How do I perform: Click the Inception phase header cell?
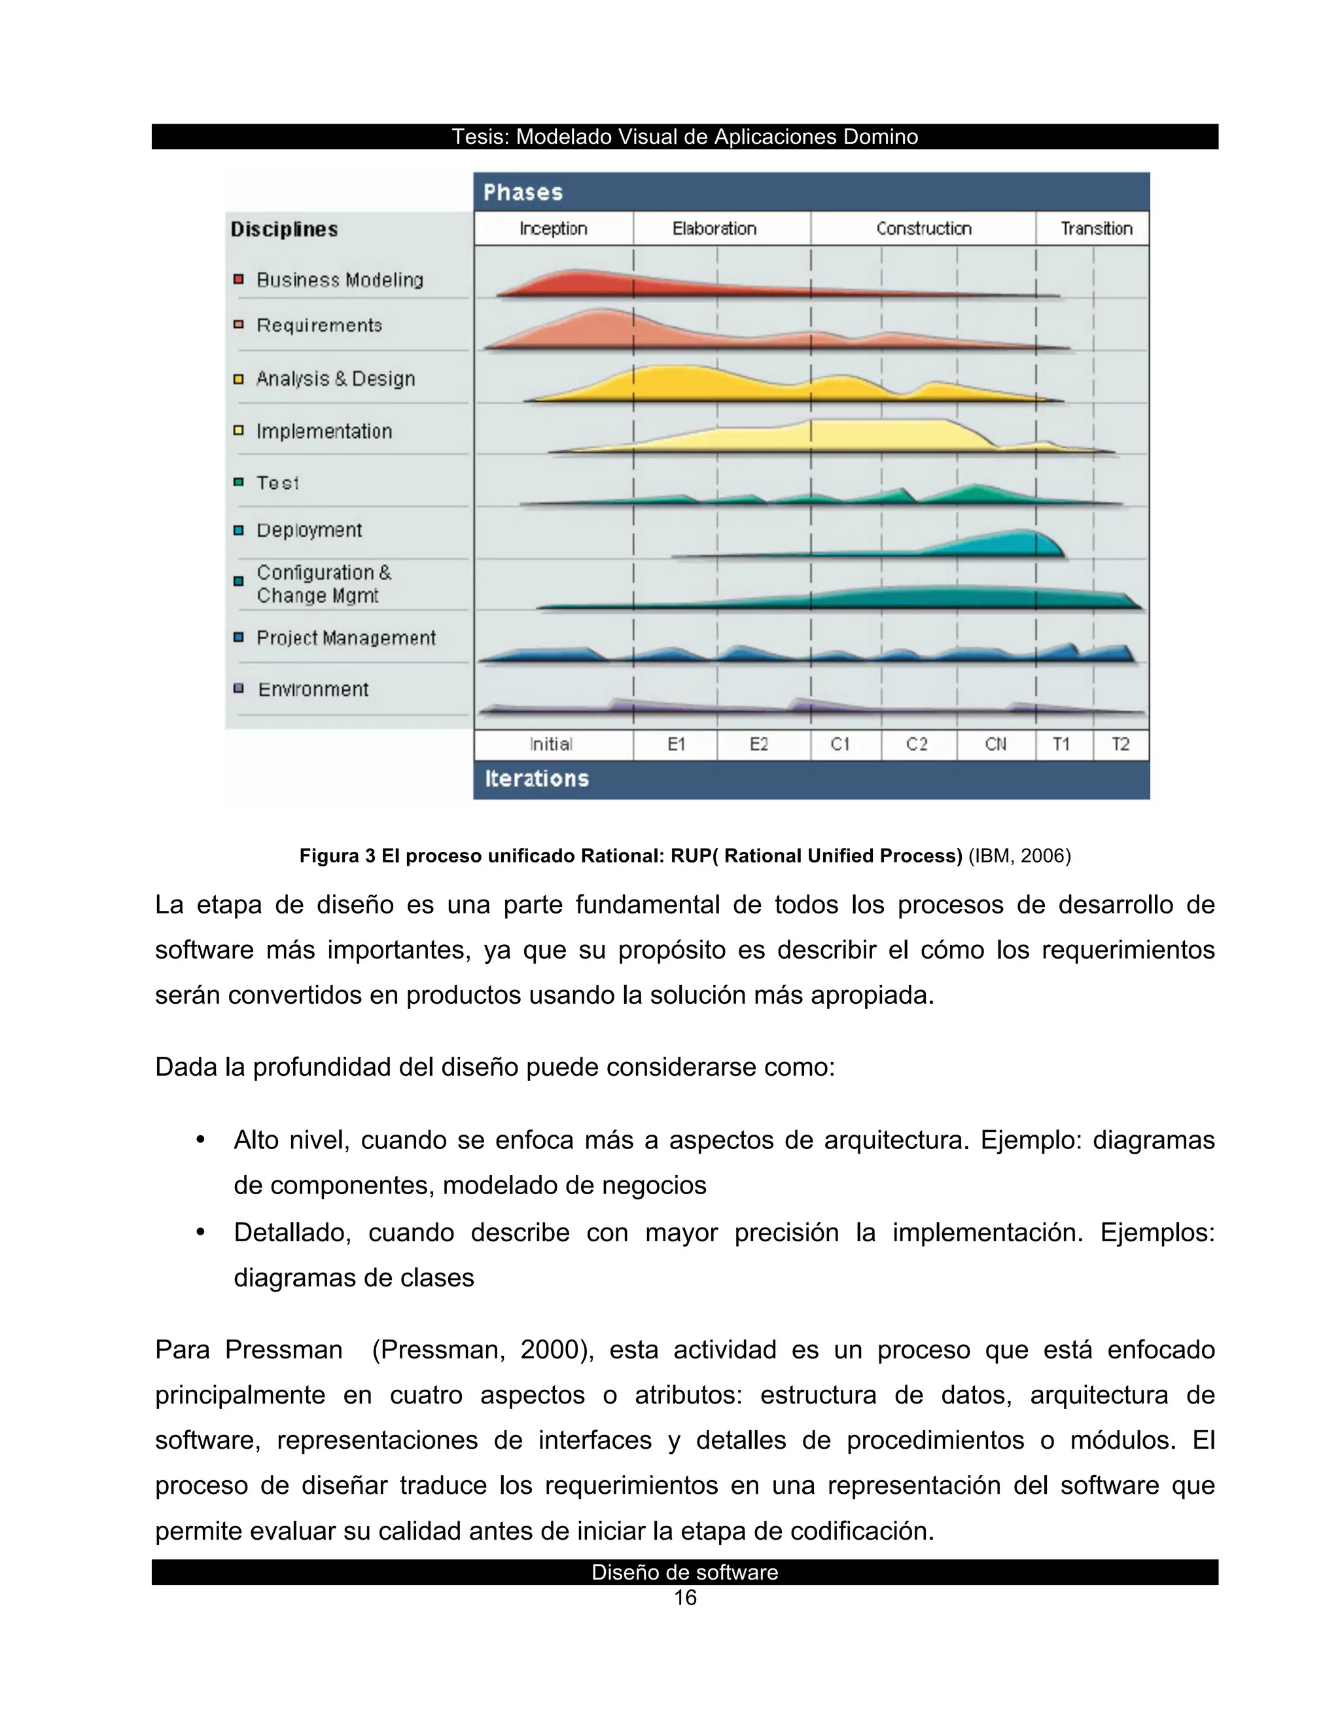tap(554, 228)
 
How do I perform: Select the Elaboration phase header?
tap(714, 228)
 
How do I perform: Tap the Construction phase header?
tap(923, 228)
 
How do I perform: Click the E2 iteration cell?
tap(759, 745)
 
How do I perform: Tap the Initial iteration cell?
tap(552, 745)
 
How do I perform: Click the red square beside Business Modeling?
tap(238, 279)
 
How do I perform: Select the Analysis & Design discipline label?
tap(335, 379)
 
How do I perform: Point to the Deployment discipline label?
tap(309, 531)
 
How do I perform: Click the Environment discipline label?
tap(313, 689)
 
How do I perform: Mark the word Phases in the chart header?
tap(523, 193)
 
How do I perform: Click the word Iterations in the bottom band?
tap(537, 779)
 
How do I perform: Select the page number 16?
tap(684, 1599)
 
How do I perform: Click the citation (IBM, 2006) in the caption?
tap(1019, 856)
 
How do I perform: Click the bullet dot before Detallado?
tap(201, 1233)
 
